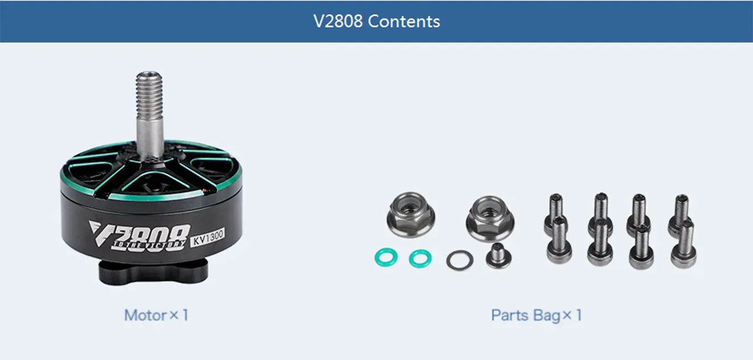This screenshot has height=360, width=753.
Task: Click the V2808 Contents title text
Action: [x=376, y=22]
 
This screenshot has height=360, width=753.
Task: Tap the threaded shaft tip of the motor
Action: [x=149, y=86]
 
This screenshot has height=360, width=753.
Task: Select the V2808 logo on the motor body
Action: [x=140, y=231]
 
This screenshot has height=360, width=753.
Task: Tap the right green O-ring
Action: [x=420, y=258]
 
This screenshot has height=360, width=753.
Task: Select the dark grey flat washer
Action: [x=460, y=260]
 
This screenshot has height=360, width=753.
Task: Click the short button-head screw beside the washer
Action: [x=498, y=256]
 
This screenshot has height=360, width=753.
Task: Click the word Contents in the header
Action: [x=404, y=22]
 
